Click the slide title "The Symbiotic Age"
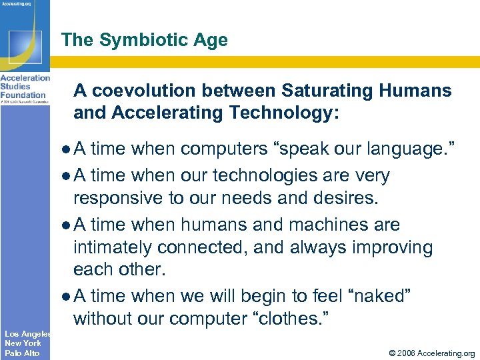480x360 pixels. [x=144, y=40]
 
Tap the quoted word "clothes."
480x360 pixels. [x=290, y=318]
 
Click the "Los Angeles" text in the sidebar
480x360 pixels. [x=26, y=333]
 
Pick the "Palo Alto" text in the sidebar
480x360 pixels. [x=21, y=353]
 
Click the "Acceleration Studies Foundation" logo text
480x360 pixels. [x=24, y=86]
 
